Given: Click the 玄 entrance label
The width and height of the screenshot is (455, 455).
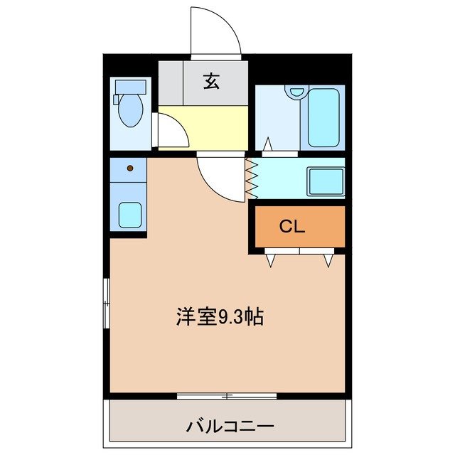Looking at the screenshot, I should click(x=211, y=81).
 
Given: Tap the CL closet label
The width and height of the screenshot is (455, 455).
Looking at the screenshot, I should click(x=291, y=227).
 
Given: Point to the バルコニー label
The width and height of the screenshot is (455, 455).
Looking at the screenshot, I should click(x=230, y=427).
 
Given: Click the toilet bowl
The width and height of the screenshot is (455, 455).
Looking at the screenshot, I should click(x=130, y=112).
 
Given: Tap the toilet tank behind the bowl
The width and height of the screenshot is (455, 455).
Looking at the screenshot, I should click(x=130, y=87).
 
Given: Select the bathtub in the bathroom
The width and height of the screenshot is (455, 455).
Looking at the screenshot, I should click(x=323, y=117).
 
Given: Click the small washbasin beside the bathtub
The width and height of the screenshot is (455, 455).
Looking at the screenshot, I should click(x=296, y=92).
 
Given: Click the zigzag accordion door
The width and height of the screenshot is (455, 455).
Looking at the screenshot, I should click(x=251, y=178).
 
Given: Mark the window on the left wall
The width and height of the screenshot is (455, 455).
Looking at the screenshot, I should click(x=106, y=303).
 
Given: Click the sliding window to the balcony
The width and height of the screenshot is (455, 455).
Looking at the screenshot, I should click(x=226, y=395).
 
